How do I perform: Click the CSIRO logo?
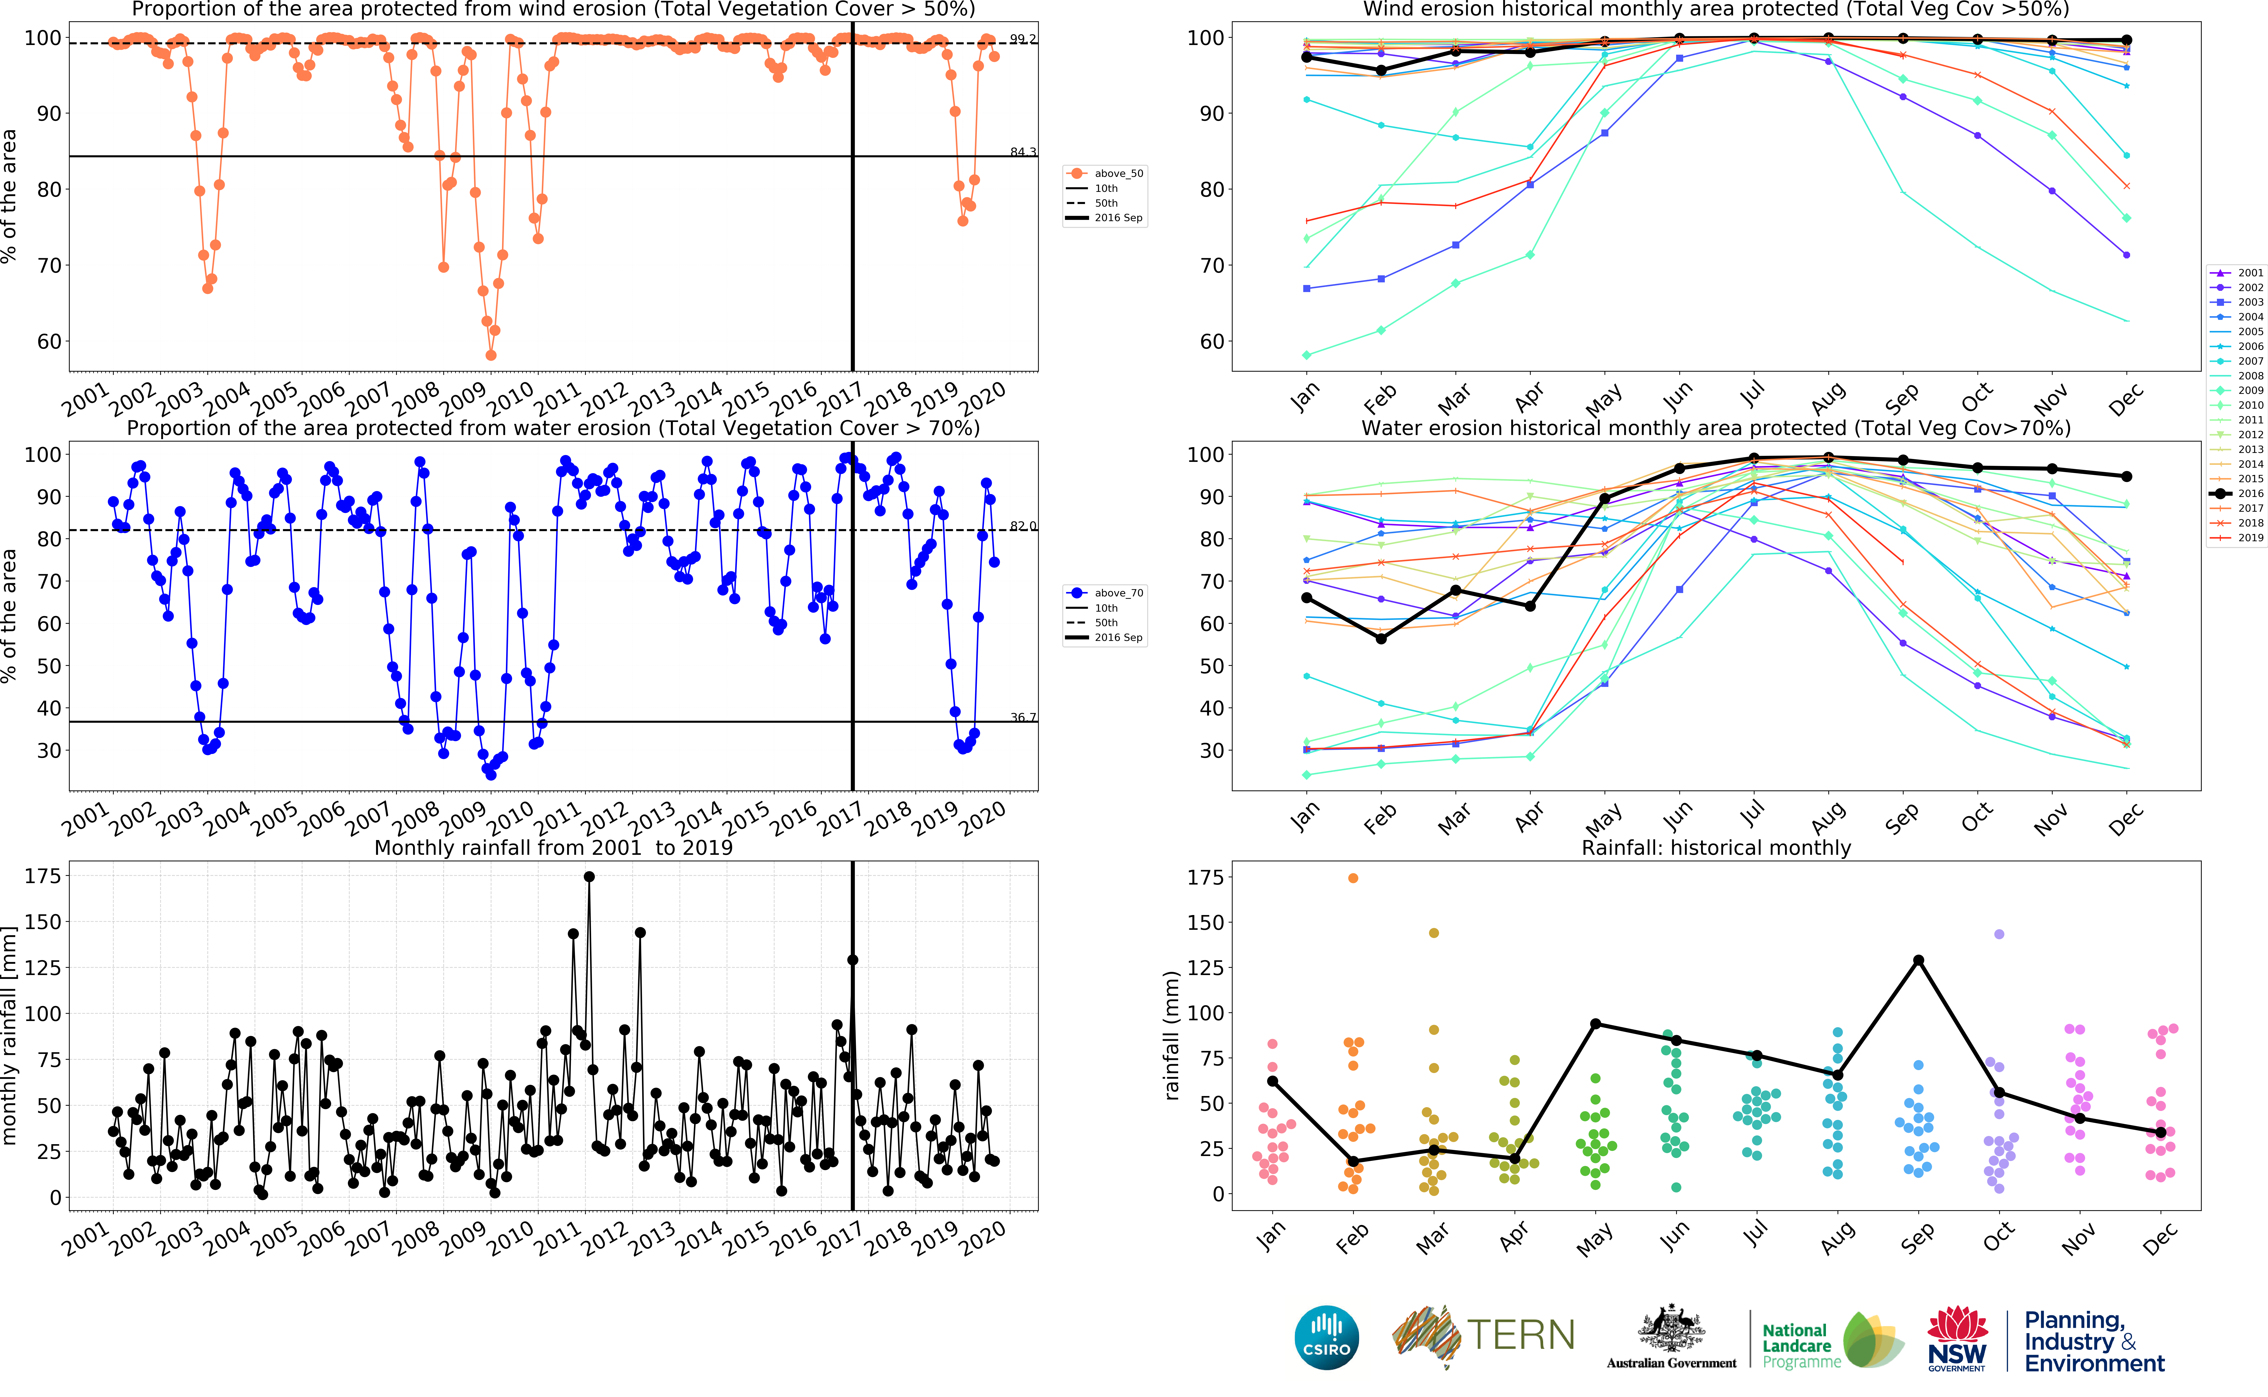[x=1327, y=1337]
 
